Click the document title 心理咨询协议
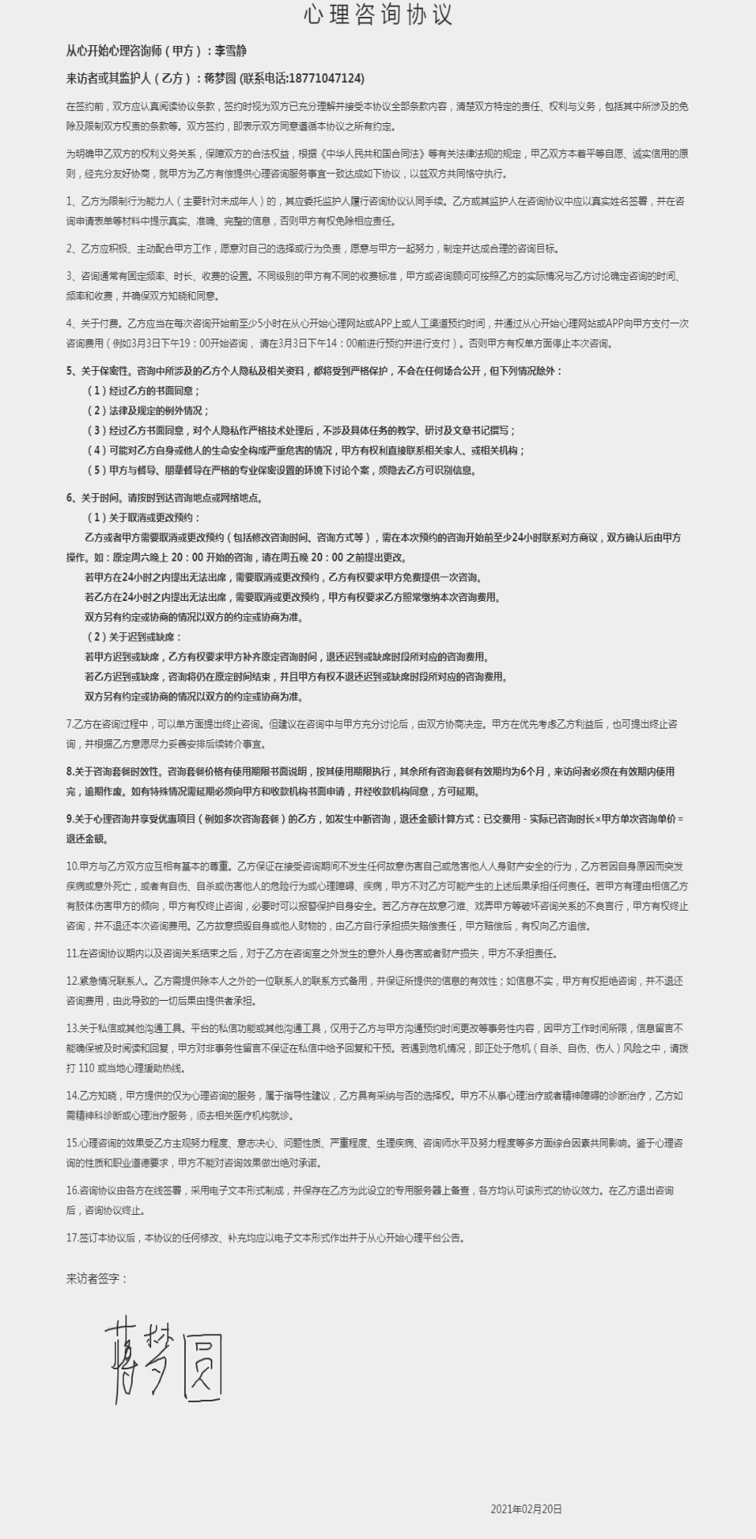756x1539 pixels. tap(378, 14)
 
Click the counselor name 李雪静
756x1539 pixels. tap(231, 51)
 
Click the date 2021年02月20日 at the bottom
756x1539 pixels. tap(526, 1509)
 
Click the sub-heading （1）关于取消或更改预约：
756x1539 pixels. tap(143, 517)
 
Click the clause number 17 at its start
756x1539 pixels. tap(71, 1238)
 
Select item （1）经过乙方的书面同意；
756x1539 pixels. tap(143, 391)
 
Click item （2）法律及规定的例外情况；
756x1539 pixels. tap(148, 410)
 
